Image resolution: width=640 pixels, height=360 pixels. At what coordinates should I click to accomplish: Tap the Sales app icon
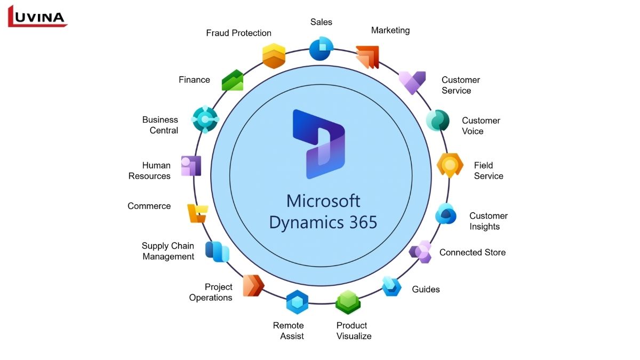321,49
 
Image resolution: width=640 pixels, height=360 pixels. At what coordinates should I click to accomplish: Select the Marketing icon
367,57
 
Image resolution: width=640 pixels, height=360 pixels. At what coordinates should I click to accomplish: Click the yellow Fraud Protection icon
274,56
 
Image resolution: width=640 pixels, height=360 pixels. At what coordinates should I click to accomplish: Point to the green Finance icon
233,80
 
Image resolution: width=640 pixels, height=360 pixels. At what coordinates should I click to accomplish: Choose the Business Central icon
205,119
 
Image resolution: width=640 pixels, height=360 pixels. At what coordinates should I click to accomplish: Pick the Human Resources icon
191,166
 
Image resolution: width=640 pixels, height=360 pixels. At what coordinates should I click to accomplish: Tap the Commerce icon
197,213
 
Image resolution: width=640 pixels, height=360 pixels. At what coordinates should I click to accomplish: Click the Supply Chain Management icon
217,251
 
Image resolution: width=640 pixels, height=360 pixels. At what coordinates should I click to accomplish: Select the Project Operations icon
253,285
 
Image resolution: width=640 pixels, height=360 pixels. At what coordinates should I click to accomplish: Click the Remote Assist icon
297,302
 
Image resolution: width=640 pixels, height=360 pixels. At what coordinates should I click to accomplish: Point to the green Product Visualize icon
348,302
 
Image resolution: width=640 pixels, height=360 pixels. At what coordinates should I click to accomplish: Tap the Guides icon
392,286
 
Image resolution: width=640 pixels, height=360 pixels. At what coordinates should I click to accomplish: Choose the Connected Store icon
421,252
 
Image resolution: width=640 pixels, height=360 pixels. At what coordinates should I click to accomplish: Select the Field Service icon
450,165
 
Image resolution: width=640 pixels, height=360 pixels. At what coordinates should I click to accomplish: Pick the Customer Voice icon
438,120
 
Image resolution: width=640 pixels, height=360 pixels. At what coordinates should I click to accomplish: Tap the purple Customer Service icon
412,83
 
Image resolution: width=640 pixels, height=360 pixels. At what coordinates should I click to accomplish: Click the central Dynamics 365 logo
319,144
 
